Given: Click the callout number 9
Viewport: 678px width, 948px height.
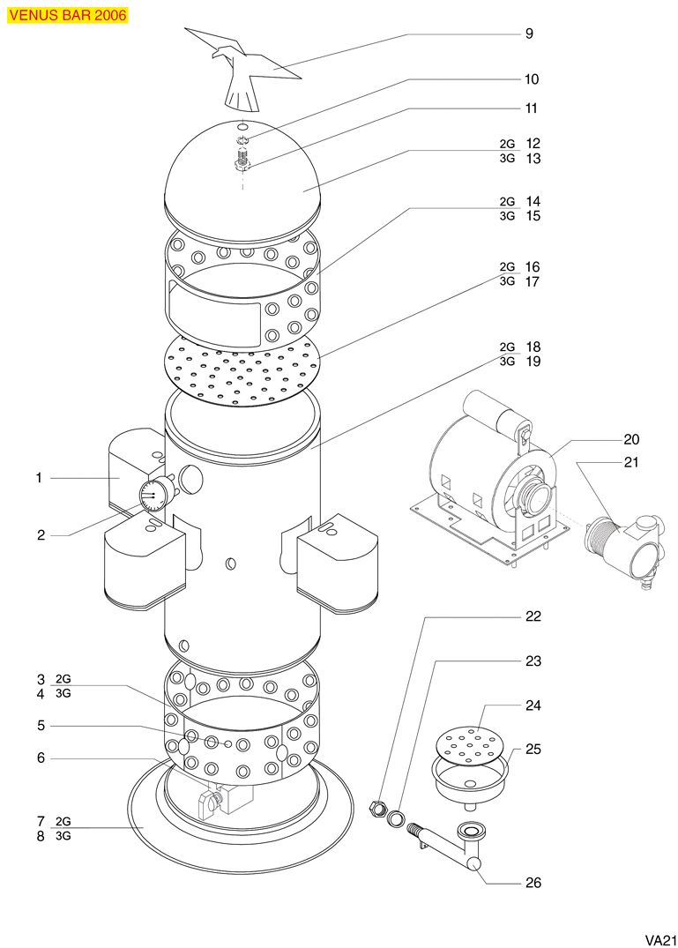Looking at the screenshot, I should click(x=529, y=34).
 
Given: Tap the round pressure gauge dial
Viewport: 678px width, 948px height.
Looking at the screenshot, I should click(x=153, y=496).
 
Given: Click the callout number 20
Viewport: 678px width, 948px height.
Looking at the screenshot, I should click(x=631, y=439).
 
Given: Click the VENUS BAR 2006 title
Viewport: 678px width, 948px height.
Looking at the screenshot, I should click(x=68, y=15).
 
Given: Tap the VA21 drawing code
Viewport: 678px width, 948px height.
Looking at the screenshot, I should click(x=659, y=939).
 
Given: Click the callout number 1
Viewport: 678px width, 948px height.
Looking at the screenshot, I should click(x=39, y=478).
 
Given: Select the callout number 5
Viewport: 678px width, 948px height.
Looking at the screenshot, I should click(x=40, y=726).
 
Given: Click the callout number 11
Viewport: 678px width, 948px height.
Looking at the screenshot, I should click(x=531, y=108).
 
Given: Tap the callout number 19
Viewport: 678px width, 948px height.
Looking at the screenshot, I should click(x=533, y=362).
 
